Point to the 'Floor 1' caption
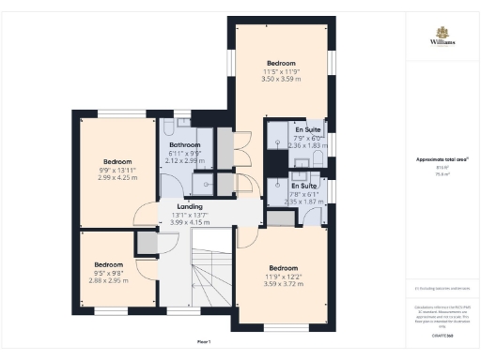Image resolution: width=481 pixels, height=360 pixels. point(204,340)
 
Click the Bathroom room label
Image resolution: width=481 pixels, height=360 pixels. point(184,145)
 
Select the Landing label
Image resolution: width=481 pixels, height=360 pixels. point(191,206)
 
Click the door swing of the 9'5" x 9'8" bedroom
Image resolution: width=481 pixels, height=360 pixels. point(147,269)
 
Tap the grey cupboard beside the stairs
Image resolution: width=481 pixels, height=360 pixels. point(147,242)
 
